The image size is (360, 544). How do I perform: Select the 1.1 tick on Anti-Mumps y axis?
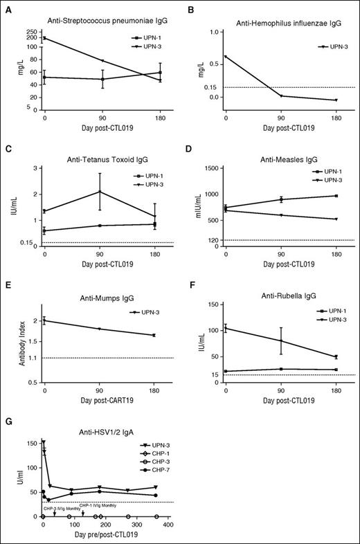coord(33,358)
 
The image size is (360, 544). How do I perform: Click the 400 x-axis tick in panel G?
coord(168,524)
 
